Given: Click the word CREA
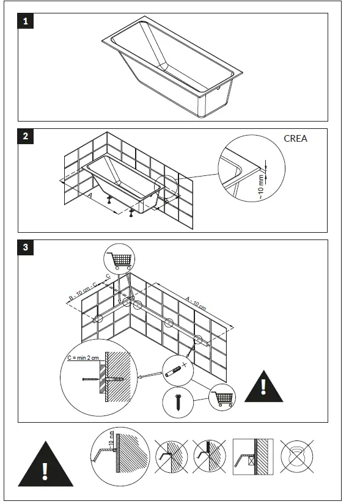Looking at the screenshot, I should pyautogui.click(x=295, y=139).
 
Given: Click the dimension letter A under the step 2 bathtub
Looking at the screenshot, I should pyautogui.click(x=90, y=196).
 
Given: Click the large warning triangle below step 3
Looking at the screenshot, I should pyautogui.click(x=45, y=467).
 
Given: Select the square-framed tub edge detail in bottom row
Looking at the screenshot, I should pyautogui.click(x=251, y=456).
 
